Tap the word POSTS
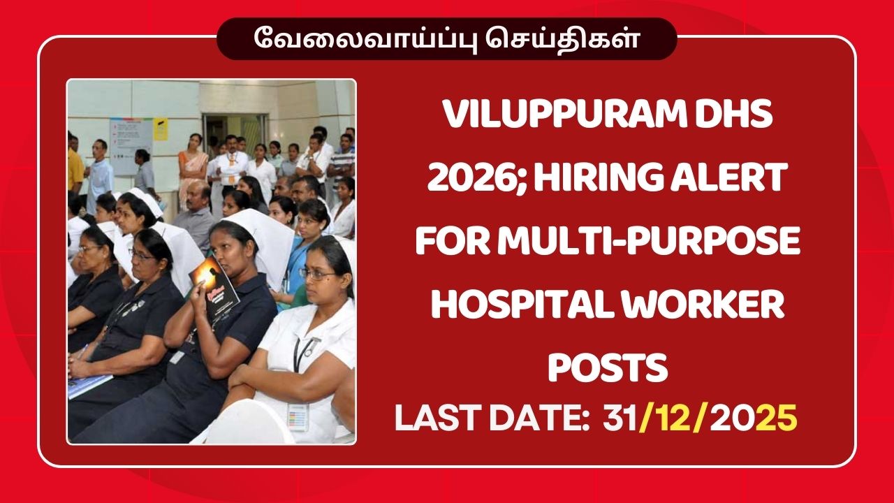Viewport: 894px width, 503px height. pyautogui.click(x=608, y=368)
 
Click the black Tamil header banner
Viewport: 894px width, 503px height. pyautogui.click(x=447, y=39)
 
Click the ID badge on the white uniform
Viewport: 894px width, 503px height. pyautogui.click(x=298, y=416)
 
